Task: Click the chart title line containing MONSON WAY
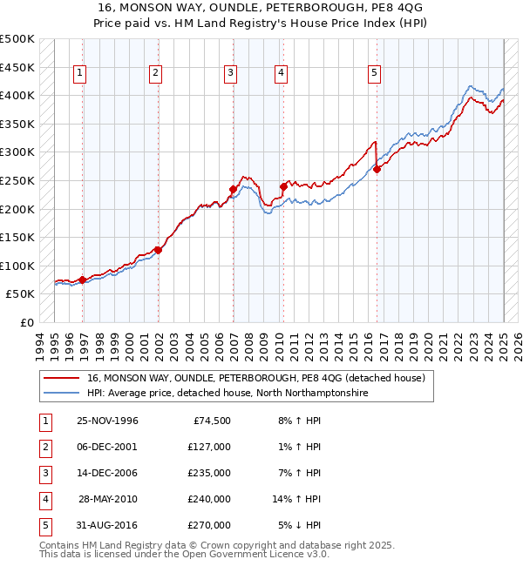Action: tap(261, 10)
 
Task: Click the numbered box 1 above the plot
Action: tap(79, 73)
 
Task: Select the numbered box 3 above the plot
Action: tap(230, 73)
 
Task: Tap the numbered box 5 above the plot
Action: tap(374, 73)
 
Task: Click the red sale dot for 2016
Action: tap(377, 170)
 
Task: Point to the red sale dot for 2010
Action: tap(283, 186)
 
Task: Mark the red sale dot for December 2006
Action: tap(233, 189)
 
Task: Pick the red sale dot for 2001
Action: tap(158, 250)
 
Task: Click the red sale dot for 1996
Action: tap(82, 280)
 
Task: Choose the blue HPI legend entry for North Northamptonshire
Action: tap(228, 394)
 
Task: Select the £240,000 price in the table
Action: tap(209, 499)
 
